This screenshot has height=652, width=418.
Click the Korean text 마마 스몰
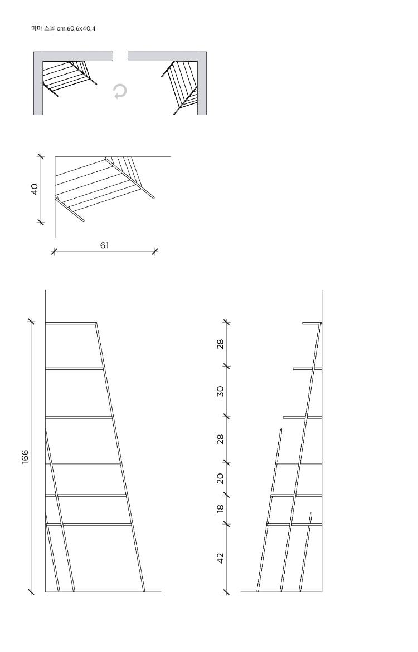pos(43,29)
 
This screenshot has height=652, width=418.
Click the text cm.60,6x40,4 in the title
pos(76,29)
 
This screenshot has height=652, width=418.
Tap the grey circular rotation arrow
pos(120,91)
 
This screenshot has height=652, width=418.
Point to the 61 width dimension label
pos(105,245)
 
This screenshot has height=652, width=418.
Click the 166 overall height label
pos(25,457)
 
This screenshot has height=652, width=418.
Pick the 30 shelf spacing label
pos(220,391)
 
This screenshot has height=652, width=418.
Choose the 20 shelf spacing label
pos(220,478)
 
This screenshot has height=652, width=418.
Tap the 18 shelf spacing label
pos(220,508)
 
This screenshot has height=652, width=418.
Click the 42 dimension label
pos(220,557)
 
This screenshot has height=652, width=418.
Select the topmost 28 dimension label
pos(220,344)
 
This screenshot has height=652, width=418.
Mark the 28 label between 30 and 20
pos(220,439)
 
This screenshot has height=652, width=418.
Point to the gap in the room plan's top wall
pos(120,56)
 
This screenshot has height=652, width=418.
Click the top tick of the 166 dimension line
pos(31,322)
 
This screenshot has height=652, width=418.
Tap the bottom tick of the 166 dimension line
pos(31,592)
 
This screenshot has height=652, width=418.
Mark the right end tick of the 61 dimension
pos(155,251)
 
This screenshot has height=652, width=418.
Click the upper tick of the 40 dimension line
pos(41,156)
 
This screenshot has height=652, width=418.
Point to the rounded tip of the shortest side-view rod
pos(311,513)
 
